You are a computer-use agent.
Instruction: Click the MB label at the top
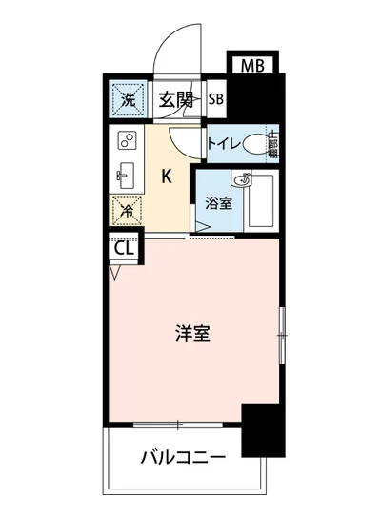[251, 66]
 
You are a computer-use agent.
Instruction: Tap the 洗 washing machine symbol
[127, 97]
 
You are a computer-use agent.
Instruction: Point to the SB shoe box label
[215, 98]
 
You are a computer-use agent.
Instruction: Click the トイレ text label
[224, 145]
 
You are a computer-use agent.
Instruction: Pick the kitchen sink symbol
[125, 176]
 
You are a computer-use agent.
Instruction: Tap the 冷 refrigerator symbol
[125, 212]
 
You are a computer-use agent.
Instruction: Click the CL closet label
[122, 250]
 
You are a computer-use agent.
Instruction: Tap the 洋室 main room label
[192, 334]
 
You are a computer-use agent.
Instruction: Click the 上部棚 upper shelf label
[272, 145]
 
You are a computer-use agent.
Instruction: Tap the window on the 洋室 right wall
[282, 335]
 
